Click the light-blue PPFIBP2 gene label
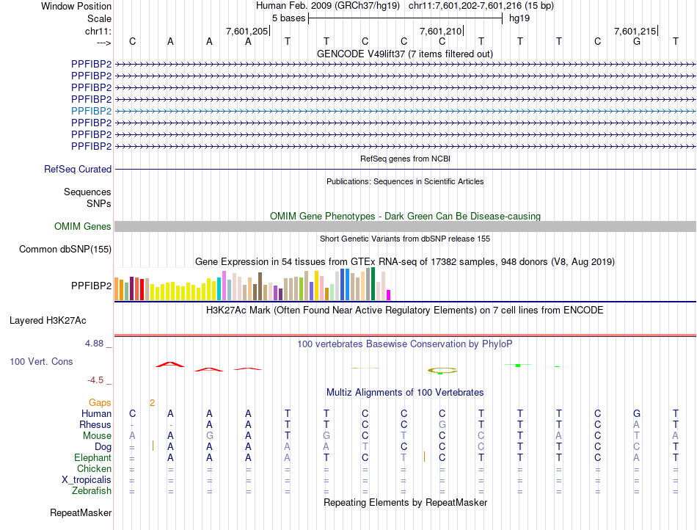tap(91, 111)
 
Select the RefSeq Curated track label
tap(78, 170)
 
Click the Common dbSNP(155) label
tap(65, 250)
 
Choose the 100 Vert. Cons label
tap(41, 362)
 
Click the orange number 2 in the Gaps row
tap(152, 403)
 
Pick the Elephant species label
tap(92, 458)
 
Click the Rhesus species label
tap(96, 425)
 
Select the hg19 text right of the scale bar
tap(519, 18)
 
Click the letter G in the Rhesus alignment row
tap(442, 425)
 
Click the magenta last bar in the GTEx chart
tap(388, 295)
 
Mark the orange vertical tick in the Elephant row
tap(424, 457)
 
